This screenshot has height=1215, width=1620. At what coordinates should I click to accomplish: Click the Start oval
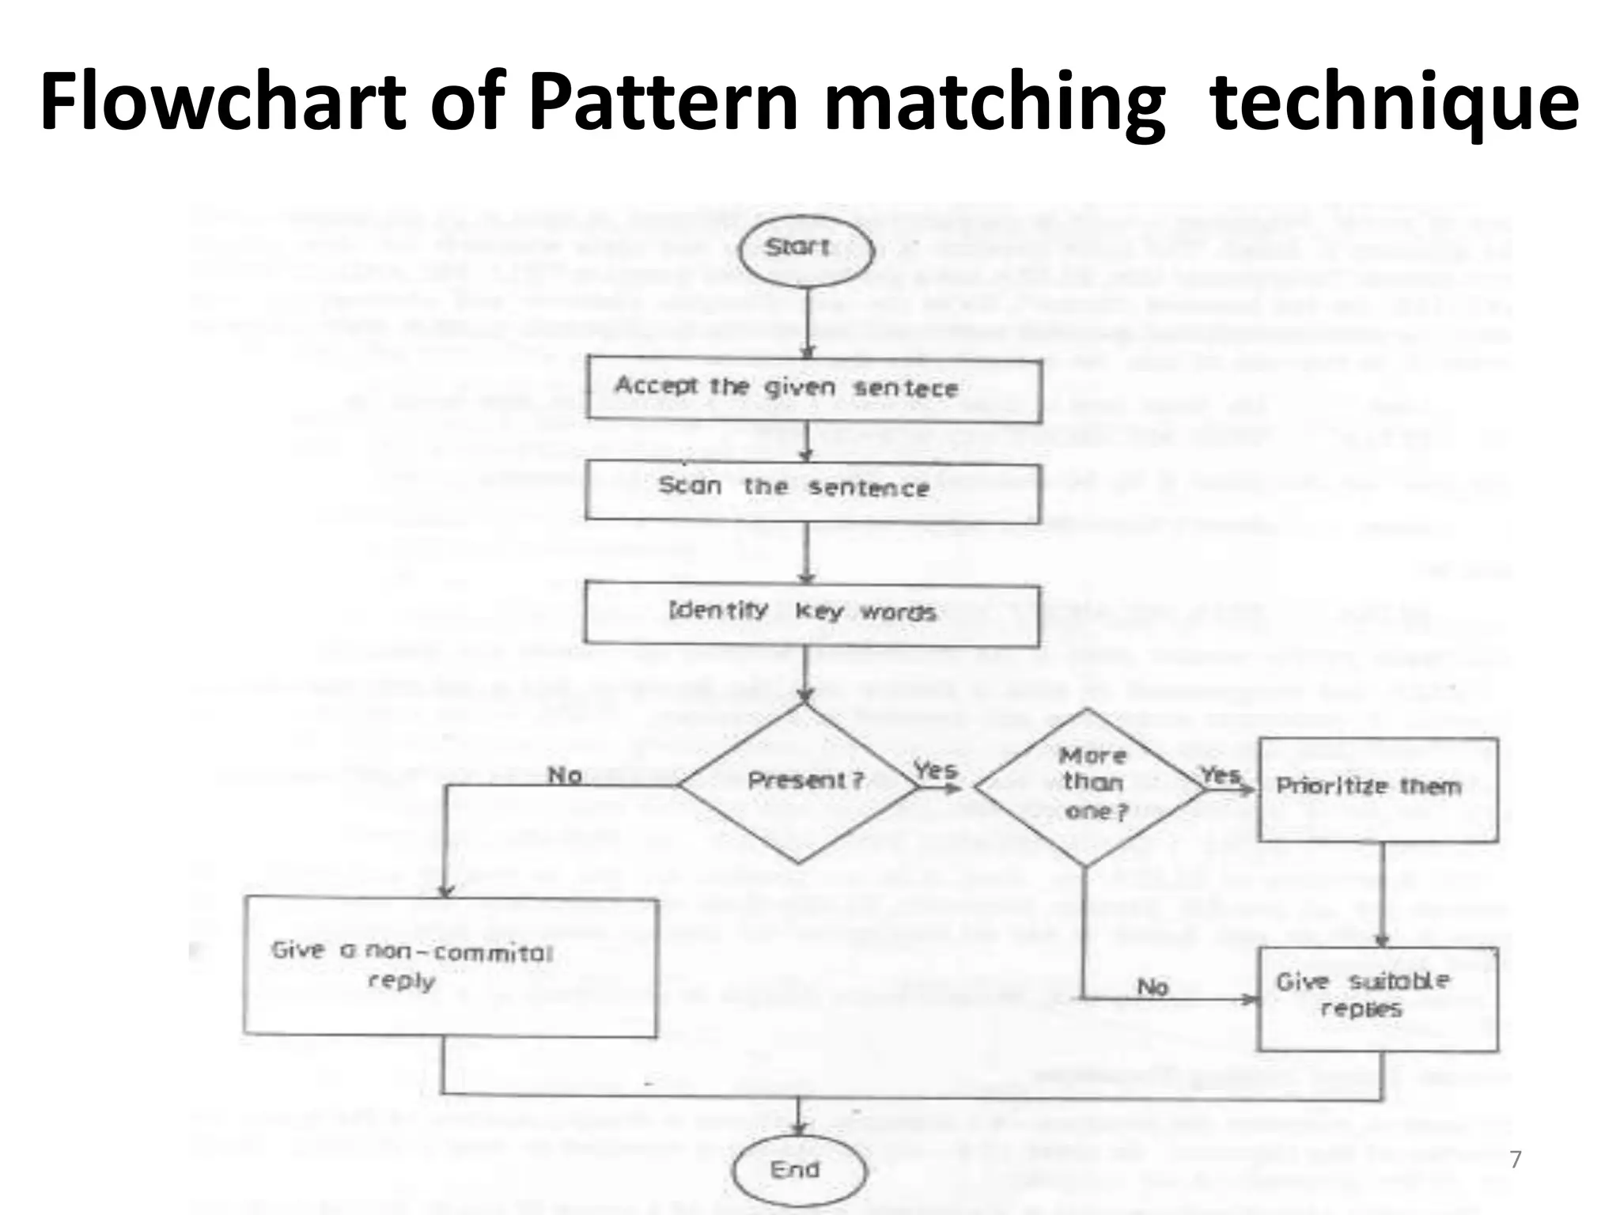(800, 249)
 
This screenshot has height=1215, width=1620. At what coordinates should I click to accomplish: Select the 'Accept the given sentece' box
(813, 388)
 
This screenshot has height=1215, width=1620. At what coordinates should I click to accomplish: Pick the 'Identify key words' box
(812, 613)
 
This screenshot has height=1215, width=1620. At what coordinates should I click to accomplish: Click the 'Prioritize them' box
(1378, 788)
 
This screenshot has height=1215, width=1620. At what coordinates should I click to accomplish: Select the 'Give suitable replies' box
(1378, 998)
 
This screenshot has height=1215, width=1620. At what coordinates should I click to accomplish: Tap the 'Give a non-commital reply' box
(451, 967)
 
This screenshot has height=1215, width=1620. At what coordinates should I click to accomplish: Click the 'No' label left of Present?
(565, 775)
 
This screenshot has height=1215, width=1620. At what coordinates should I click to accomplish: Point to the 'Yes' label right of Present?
(935, 769)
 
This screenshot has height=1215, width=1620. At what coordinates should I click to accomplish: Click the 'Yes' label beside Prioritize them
(1220, 774)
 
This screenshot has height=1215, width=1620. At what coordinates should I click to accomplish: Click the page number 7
(1515, 1160)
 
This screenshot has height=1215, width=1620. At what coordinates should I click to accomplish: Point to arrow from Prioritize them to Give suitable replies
(1383, 894)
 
